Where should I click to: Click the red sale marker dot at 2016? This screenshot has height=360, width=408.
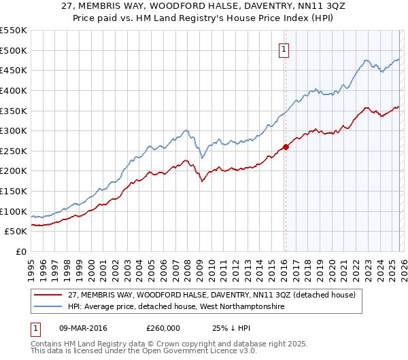click(286, 147)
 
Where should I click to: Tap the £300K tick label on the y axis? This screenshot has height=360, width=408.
click(14, 130)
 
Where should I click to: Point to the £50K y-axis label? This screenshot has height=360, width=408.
click(16, 232)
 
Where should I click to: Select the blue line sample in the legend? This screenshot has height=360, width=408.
click(48, 307)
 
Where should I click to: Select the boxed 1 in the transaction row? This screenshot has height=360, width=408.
click(36, 327)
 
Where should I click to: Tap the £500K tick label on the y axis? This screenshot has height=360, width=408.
click(14, 50)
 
